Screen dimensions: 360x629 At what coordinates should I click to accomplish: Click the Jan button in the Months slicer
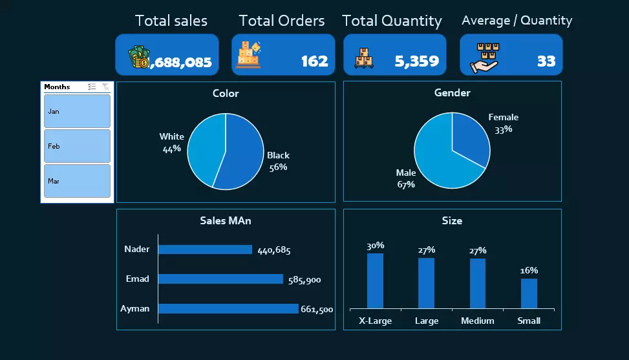click(x=77, y=111)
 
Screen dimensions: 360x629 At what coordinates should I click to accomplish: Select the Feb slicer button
click(x=77, y=146)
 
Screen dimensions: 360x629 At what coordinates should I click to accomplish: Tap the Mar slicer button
click(x=77, y=181)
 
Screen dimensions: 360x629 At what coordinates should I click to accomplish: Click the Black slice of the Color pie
click(x=242, y=158)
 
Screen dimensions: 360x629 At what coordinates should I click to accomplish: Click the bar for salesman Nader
click(x=205, y=249)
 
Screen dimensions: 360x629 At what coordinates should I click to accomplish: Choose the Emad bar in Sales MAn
click(x=220, y=279)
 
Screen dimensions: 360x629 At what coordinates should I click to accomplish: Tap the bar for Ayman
click(x=228, y=309)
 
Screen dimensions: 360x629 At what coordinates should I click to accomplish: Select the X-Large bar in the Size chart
click(x=375, y=281)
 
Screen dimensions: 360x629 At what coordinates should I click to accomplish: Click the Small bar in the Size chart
click(x=529, y=293)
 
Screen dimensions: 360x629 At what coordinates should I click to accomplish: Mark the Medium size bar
click(x=477, y=284)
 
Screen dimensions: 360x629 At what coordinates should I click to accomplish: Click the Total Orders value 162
click(x=314, y=61)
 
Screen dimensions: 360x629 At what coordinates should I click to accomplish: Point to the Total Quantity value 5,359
click(x=416, y=61)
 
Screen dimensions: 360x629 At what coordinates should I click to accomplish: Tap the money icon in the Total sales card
click(x=138, y=58)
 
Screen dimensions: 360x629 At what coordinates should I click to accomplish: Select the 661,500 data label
click(x=317, y=310)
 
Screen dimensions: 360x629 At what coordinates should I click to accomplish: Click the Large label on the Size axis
click(x=426, y=321)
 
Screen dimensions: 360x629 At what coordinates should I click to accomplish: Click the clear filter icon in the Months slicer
click(x=105, y=87)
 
